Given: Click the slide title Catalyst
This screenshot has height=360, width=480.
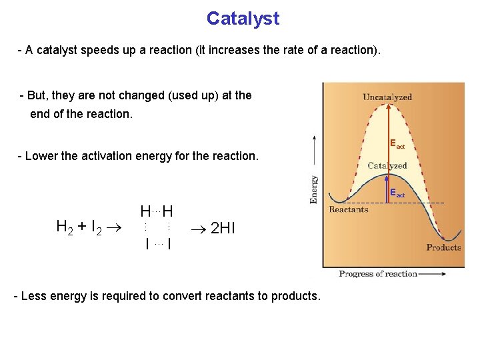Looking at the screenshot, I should coord(243,18).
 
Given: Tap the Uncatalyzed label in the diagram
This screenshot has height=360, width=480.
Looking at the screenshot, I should coord(387,97).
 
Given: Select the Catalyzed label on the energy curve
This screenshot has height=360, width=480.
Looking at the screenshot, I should coord(387,165).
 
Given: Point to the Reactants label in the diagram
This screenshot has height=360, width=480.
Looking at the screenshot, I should coord(349,209).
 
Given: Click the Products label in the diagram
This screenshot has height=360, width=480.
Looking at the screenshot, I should coord(443,247).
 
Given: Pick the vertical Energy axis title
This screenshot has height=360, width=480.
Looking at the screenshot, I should coord(314,189).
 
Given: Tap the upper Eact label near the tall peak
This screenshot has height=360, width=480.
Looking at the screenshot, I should coord(397,144).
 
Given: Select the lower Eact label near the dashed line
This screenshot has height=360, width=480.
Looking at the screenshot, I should coord(397,193).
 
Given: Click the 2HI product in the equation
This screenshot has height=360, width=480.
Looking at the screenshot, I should coord(223,229).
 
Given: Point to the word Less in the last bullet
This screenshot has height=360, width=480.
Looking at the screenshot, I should coord(34,296).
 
